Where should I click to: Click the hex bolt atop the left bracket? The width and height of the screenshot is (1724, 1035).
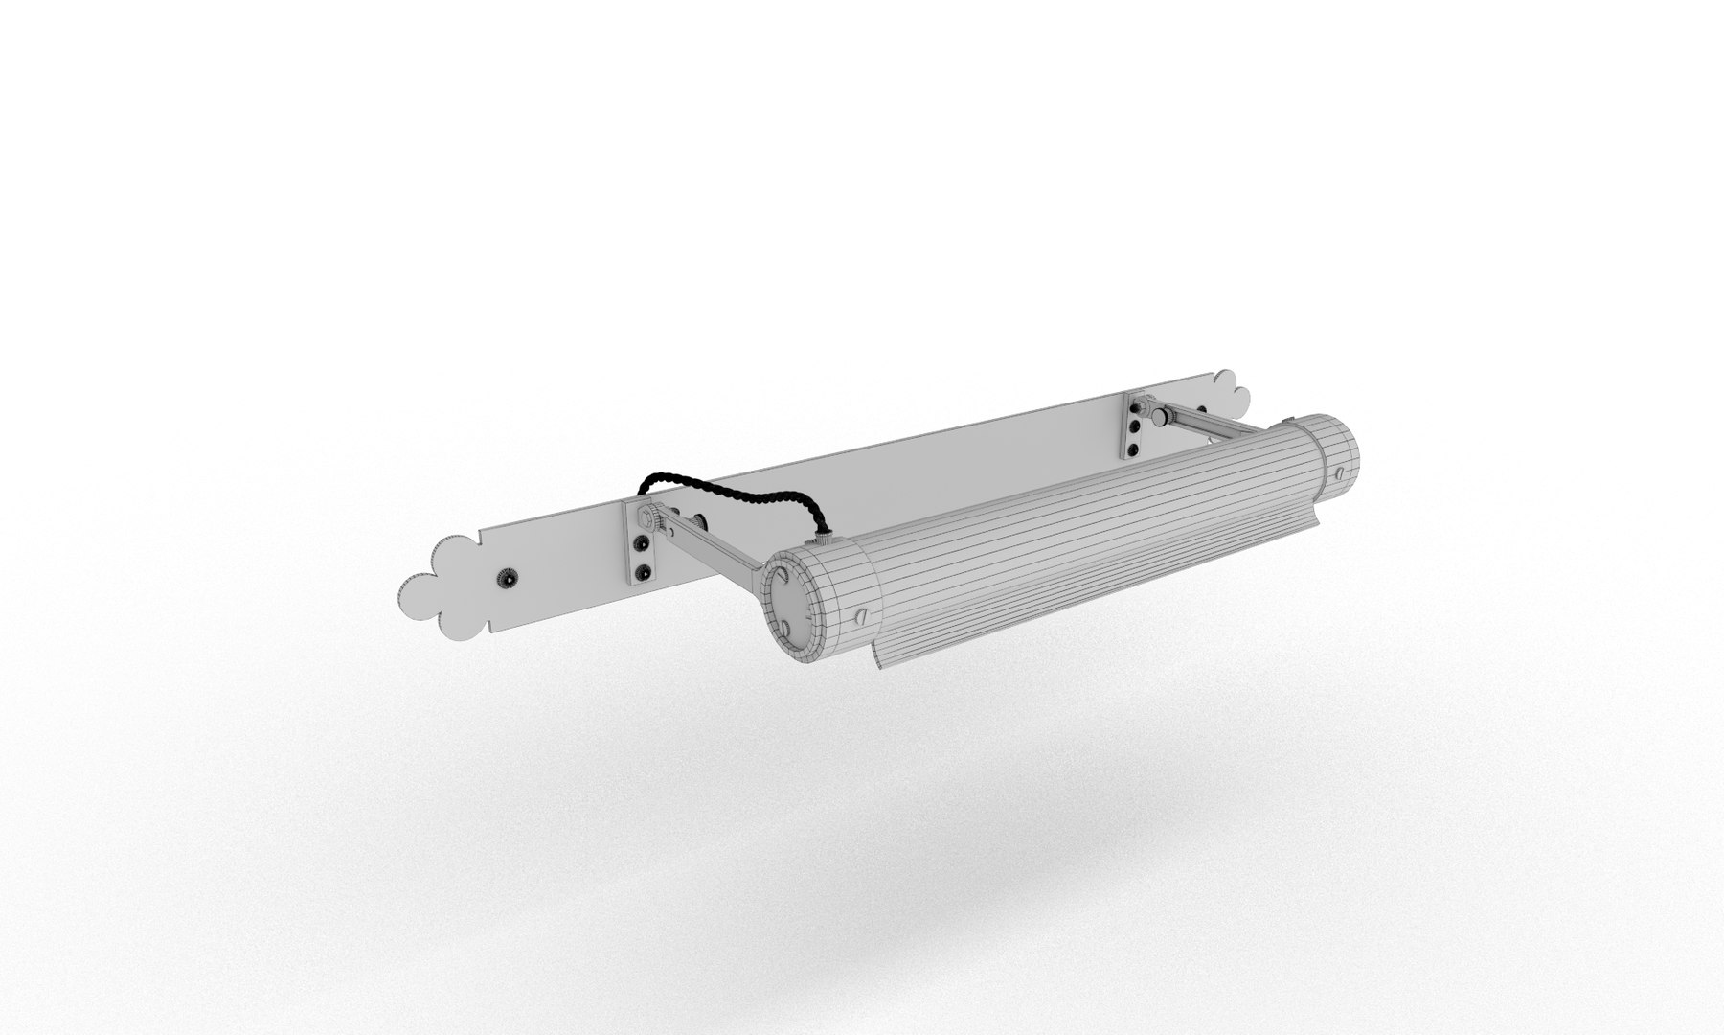pos(647,520)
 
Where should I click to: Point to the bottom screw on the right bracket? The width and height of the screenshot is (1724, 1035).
pos(1134,449)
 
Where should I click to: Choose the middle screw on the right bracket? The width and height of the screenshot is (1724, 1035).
pos(1136,427)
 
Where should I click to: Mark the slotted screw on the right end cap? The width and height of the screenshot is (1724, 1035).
pos(1341,471)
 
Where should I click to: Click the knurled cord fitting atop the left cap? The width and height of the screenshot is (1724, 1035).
pos(822,540)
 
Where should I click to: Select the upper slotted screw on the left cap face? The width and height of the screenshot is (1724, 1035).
pos(783,577)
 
